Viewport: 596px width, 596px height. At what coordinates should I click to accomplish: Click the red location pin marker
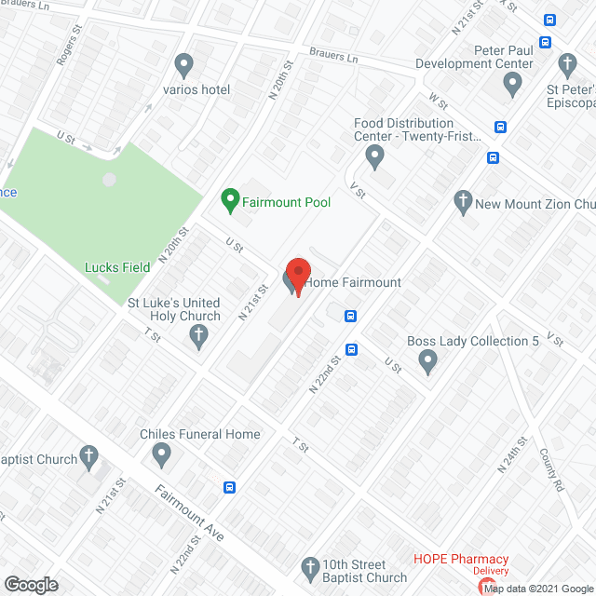pyautogui.click(x=297, y=274)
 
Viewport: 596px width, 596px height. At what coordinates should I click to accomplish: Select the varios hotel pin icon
pyautogui.click(x=183, y=65)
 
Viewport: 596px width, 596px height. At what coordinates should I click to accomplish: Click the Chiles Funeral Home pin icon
pyautogui.click(x=162, y=455)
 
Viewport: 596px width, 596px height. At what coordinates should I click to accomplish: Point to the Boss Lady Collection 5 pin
pyautogui.click(x=427, y=361)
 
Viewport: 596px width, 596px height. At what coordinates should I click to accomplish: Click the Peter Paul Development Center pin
pyautogui.click(x=511, y=85)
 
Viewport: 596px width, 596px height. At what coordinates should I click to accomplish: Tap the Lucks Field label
pyautogui.click(x=117, y=267)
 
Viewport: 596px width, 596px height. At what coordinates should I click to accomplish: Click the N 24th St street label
pyautogui.click(x=511, y=454)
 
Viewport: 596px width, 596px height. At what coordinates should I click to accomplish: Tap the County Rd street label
pyautogui.click(x=552, y=470)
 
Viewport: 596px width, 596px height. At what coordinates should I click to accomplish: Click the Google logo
pyautogui.click(x=30, y=585)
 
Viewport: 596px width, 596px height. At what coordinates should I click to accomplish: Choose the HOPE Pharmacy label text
pyautogui.click(x=461, y=559)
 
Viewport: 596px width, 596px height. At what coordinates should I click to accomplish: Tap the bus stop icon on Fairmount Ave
pyautogui.click(x=229, y=487)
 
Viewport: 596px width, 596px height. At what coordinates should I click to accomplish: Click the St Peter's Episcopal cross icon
pyautogui.click(x=567, y=65)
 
